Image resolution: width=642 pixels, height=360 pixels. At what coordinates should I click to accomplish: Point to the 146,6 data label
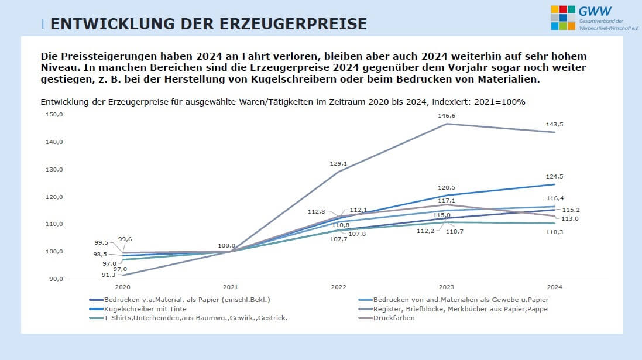pyautogui.click(x=447, y=116)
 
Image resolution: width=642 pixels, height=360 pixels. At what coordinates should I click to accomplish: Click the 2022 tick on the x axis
pyautogui.click(x=338, y=287)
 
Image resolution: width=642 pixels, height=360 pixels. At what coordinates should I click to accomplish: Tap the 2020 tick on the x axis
pyautogui.click(x=123, y=287)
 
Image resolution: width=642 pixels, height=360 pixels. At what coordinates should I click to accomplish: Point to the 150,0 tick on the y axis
pyautogui.click(x=54, y=115)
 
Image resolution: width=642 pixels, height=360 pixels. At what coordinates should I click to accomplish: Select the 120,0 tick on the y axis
pyautogui.click(x=54, y=197)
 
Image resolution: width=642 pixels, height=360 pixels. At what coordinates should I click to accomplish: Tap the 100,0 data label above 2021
pyautogui.click(x=226, y=246)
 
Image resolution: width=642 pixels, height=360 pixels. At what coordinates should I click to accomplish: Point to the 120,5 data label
pyautogui.click(x=447, y=188)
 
